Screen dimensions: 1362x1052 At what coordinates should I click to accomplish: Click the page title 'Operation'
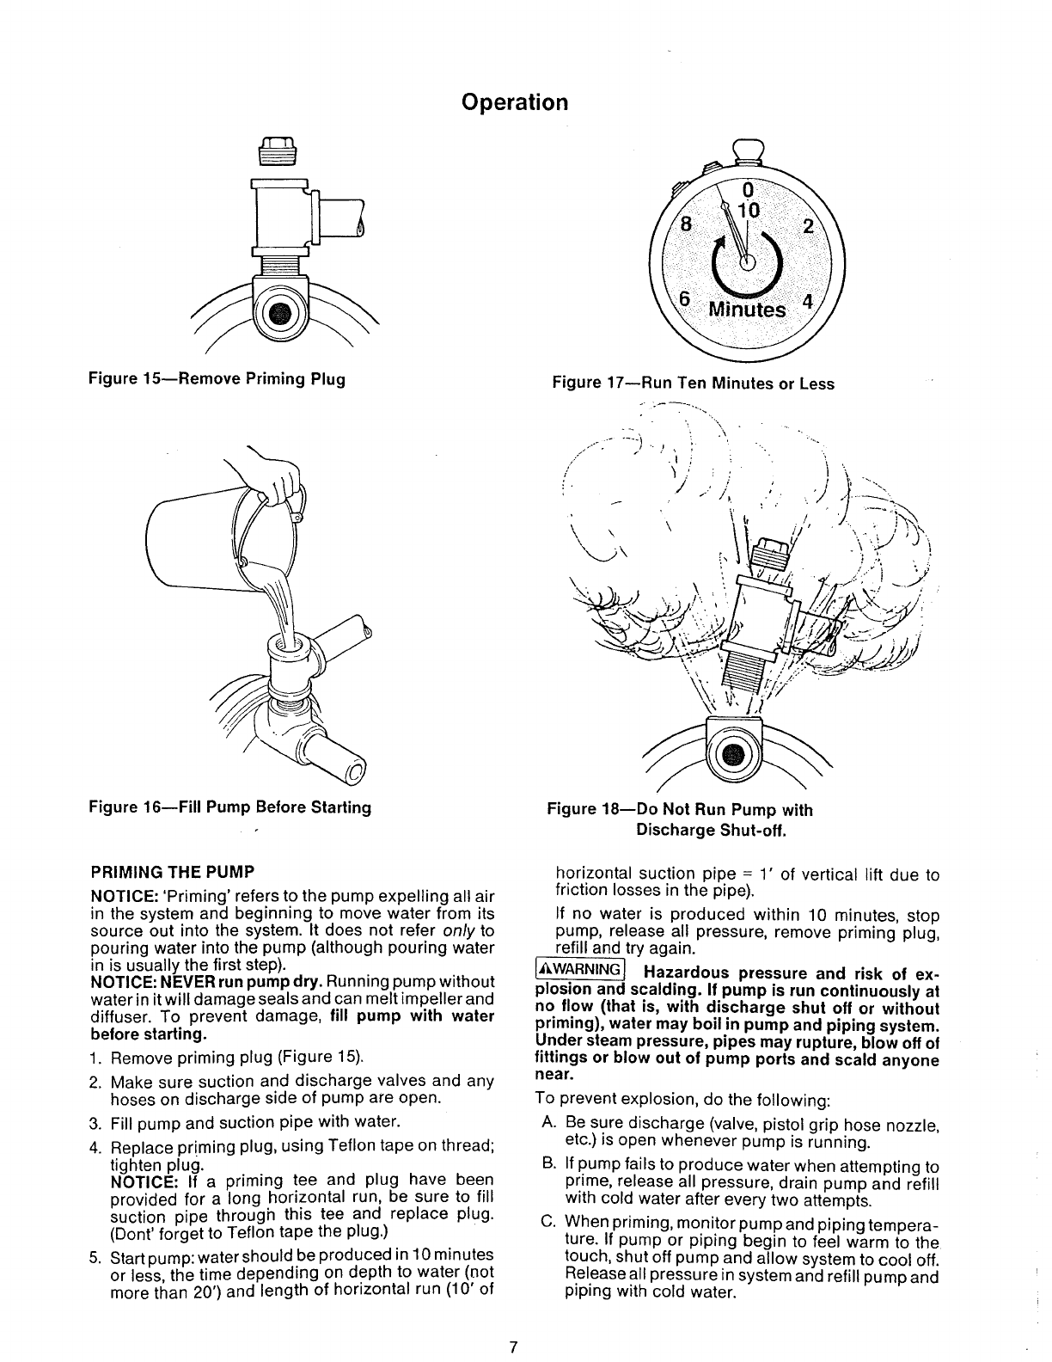(x=514, y=102)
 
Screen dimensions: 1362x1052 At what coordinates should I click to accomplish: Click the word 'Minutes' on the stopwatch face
(x=745, y=310)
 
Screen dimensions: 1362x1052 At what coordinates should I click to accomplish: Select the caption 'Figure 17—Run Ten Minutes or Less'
(x=693, y=383)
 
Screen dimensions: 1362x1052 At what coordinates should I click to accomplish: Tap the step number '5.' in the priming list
(x=96, y=1256)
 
